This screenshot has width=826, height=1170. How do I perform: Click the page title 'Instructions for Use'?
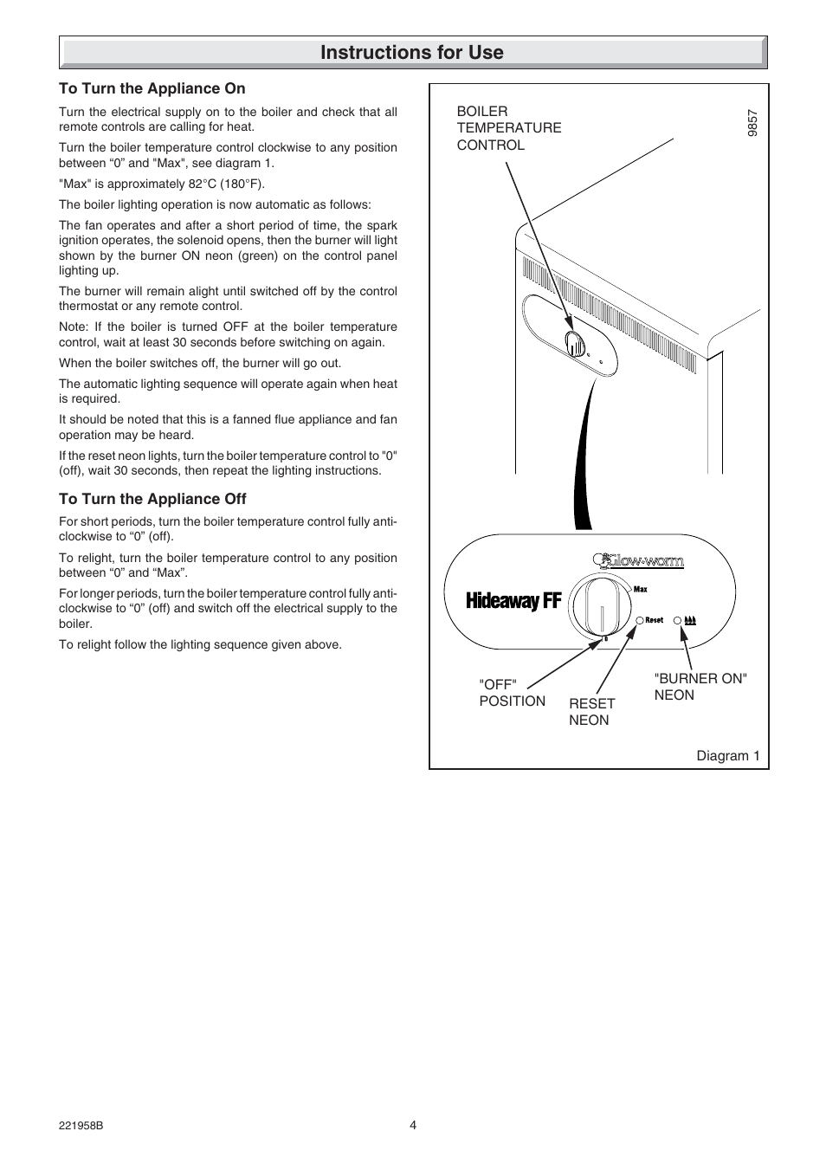click(x=412, y=53)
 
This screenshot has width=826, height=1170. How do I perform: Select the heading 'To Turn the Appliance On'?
click(x=152, y=88)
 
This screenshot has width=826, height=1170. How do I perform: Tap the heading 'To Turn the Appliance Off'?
click(x=152, y=499)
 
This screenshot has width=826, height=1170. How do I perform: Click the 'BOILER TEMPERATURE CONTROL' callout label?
click(x=509, y=128)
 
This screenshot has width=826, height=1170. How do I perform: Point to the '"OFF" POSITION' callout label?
click(x=512, y=693)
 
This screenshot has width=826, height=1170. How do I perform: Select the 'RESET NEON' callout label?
click(x=591, y=712)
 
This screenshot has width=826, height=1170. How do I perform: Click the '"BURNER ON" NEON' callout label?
click(x=700, y=687)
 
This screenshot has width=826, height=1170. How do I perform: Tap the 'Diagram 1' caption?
click(x=728, y=756)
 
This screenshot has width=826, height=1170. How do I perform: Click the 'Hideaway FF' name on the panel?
click(x=513, y=601)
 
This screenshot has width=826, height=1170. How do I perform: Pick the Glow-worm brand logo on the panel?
click(x=638, y=561)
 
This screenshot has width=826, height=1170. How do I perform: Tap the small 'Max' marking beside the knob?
click(x=641, y=589)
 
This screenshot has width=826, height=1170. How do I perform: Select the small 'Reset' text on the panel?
click(x=655, y=620)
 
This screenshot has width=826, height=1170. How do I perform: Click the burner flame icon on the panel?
click(x=691, y=620)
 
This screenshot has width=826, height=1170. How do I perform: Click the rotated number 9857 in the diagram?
click(x=753, y=122)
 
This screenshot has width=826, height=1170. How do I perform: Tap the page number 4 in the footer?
click(x=413, y=1125)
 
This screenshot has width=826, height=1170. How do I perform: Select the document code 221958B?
click(x=81, y=1126)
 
